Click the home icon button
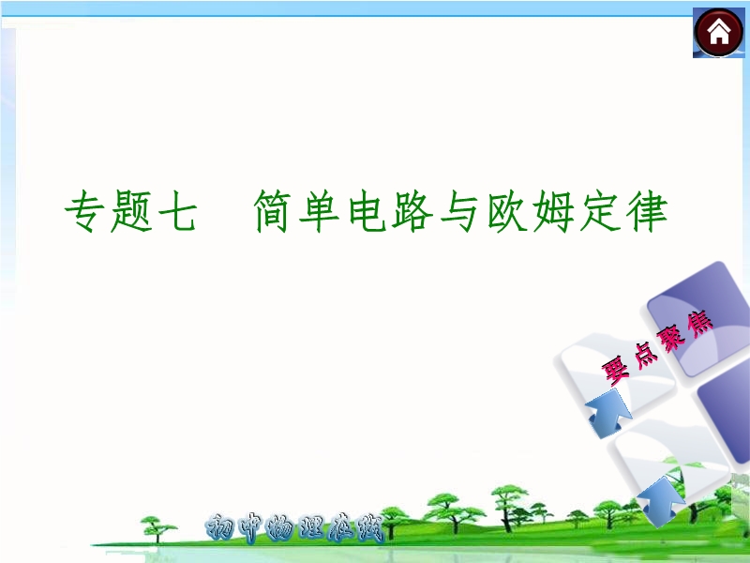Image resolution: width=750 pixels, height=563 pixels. click(718, 33)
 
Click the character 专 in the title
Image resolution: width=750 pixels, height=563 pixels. click(85, 210)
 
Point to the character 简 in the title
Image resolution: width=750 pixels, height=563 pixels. click(273, 211)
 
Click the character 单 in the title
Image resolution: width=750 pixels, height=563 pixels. click(319, 211)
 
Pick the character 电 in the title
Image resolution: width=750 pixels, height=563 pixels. click(367, 211)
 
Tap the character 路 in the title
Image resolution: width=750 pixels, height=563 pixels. click(412, 211)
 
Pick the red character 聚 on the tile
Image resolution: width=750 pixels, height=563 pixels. click(671, 338)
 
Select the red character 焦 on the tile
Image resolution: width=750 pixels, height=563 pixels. click(699, 324)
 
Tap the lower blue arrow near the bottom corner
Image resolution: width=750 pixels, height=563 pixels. click(660, 500)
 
